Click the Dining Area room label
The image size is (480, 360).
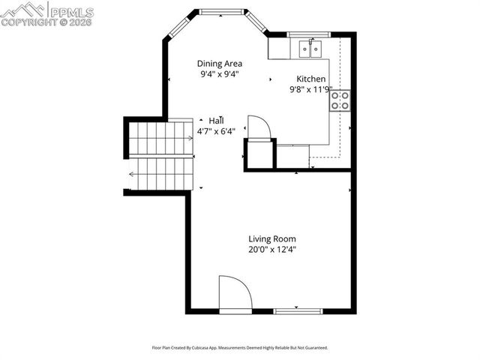[220, 64]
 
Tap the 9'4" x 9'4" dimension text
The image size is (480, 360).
[220, 74]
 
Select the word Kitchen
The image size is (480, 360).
[311, 79]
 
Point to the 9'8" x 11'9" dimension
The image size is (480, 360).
[311, 90]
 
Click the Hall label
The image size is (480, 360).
[217, 121]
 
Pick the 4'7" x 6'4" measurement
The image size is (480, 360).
[217, 131]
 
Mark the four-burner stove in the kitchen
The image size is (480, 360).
[340, 100]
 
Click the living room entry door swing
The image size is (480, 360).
[233, 293]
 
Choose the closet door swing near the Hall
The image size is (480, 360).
[258, 127]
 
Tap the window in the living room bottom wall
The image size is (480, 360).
[298, 310]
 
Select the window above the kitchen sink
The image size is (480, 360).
[309, 34]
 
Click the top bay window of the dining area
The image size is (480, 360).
[222, 11]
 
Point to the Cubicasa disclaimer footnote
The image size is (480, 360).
[240, 348]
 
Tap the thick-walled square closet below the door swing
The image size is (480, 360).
[259, 154]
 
